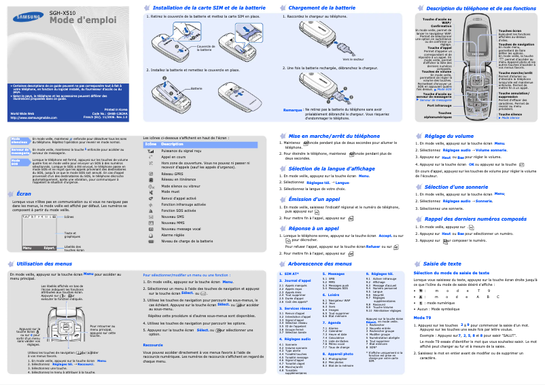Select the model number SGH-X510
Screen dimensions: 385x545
tap(62, 12)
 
